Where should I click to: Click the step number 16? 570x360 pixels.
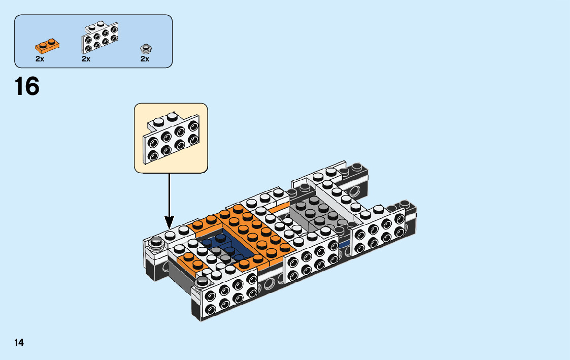(x=27, y=86)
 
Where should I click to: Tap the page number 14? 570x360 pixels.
(x=19, y=343)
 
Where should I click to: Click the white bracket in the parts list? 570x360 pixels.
(x=100, y=38)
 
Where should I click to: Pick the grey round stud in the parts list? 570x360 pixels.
(x=146, y=49)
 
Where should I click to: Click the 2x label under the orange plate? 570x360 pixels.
(x=40, y=59)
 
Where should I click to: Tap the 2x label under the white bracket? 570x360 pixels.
(x=86, y=59)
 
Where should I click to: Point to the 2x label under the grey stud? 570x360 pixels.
(x=145, y=59)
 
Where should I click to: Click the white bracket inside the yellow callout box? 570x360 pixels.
(x=171, y=138)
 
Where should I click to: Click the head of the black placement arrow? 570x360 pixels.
(x=169, y=222)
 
